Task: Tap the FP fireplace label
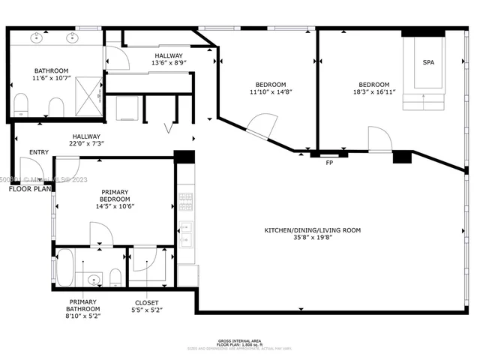click(x=328, y=162)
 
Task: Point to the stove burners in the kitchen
click(x=184, y=200)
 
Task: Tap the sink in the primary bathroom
click(x=92, y=279)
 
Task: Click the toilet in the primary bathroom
click(x=115, y=277)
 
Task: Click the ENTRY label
click(x=39, y=152)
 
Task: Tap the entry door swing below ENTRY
click(x=66, y=167)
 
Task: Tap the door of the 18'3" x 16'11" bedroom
click(x=379, y=138)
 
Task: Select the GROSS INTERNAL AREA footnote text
click(x=240, y=340)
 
